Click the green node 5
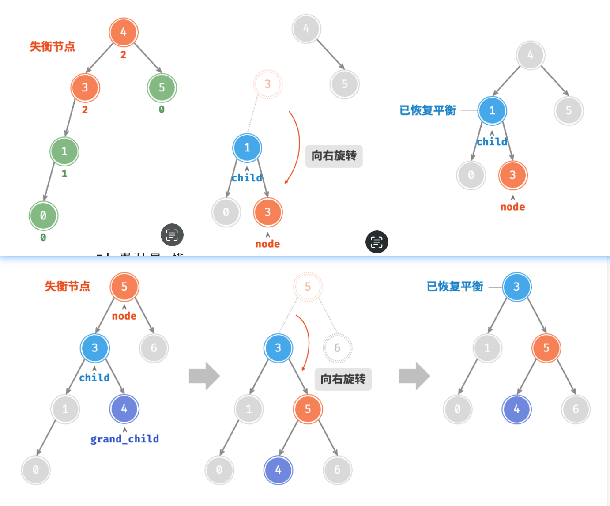(x=162, y=87)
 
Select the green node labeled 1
(x=64, y=151)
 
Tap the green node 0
(x=43, y=215)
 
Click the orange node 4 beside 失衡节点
(x=124, y=32)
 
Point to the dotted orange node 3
(x=267, y=84)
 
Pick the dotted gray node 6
(x=337, y=348)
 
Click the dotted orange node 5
(x=308, y=287)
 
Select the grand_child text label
(x=124, y=439)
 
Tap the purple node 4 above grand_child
(x=124, y=409)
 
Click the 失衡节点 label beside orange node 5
(x=68, y=287)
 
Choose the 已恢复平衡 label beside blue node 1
(x=427, y=110)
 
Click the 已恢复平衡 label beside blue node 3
(x=455, y=287)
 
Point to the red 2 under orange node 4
(x=124, y=55)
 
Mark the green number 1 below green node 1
(x=64, y=174)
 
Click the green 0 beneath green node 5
(x=162, y=110)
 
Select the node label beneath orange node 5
(x=124, y=316)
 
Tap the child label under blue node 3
(x=94, y=378)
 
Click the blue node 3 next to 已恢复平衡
(x=516, y=287)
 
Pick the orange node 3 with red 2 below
(x=85, y=87)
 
